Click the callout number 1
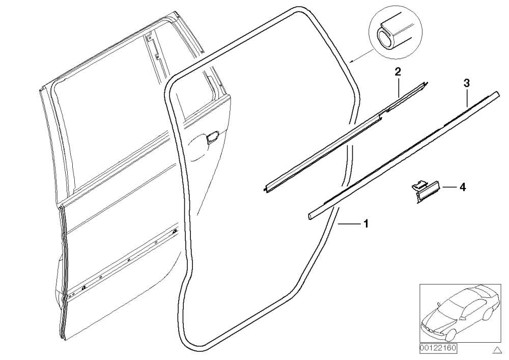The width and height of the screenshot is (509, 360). (x=366, y=224)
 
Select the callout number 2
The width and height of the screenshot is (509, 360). (x=398, y=72)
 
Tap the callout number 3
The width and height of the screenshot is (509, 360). (x=466, y=83)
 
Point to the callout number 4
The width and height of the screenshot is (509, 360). (x=463, y=187)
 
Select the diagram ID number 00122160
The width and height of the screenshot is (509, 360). (x=438, y=348)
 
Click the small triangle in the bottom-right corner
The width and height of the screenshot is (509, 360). (x=497, y=350)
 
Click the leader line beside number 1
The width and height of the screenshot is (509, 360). (x=349, y=224)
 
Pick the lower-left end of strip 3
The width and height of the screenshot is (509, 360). (x=309, y=217)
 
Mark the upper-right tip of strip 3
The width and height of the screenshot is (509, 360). (x=496, y=93)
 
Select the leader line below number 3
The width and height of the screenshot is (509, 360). (x=467, y=98)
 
